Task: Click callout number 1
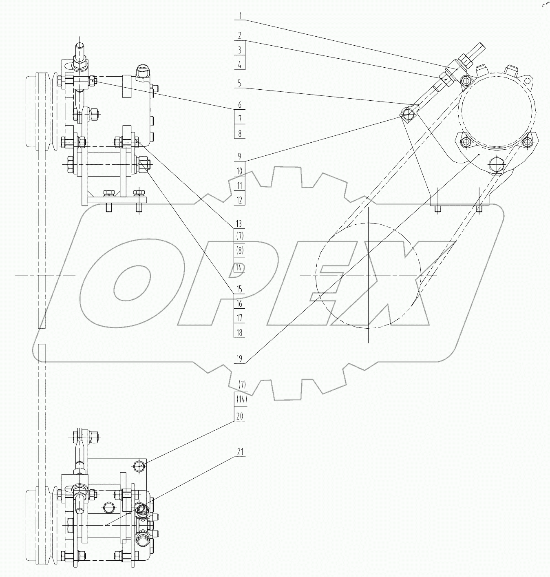coord(240,16)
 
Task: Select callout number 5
coord(240,83)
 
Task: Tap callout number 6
coord(240,105)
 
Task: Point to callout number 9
coord(240,156)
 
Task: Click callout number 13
coord(239,224)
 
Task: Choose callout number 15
coord(239,289)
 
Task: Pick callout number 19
coord(239,359)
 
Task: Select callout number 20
coord(240,416)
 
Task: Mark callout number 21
coord(240,452)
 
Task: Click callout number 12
coord(240,200)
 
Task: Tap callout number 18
coord(239,332)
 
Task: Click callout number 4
coord(240,65)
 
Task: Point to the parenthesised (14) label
coord(242,400)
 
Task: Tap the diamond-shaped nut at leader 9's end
coord(408,114)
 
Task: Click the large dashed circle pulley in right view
coord(368,275)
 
